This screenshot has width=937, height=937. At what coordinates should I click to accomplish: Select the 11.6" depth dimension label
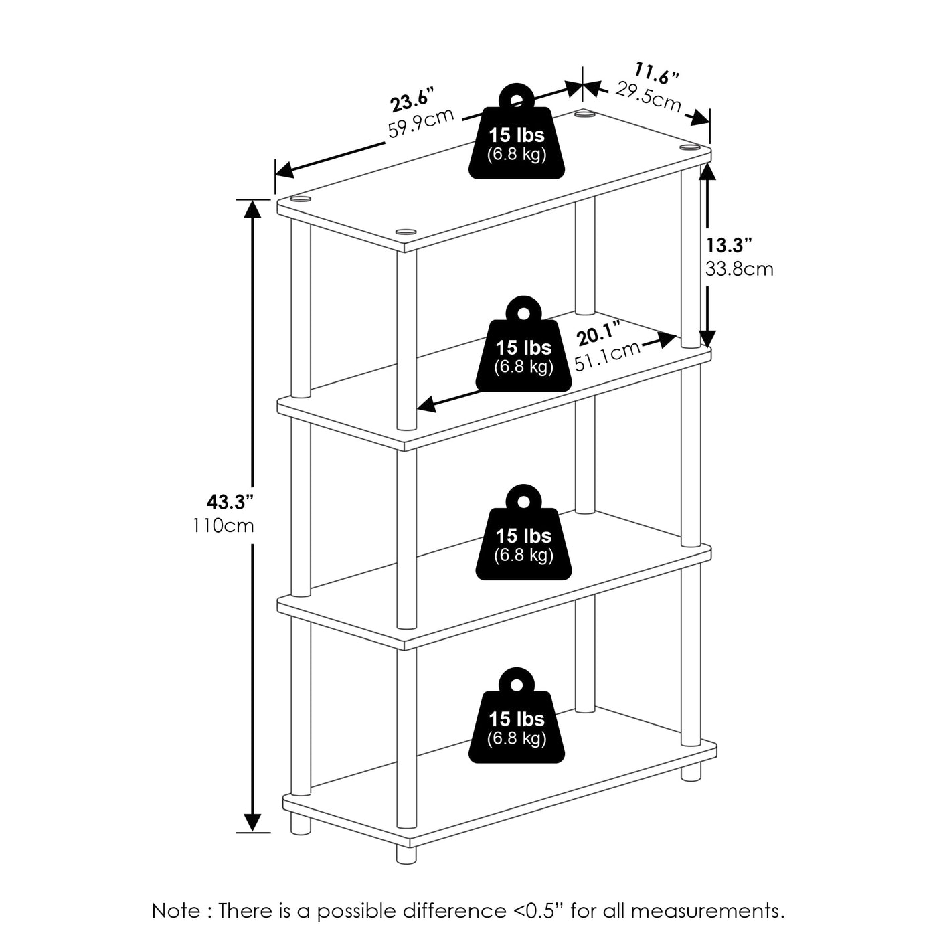pos(657,74)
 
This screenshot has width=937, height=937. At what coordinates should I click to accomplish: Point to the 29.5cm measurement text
pos(648,98)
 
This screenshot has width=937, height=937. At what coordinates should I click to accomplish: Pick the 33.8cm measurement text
pos(739,269)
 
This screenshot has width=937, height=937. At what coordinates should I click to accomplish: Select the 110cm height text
pos(224,526)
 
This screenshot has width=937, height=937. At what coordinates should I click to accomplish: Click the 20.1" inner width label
pos(600,333)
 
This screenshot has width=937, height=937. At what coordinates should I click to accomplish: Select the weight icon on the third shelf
pos(523,535)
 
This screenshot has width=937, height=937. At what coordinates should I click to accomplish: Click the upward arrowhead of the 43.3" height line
pos(252,209)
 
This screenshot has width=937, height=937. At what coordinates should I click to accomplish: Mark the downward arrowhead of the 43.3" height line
pos(252,822)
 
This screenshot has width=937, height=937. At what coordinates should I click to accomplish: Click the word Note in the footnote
pos(175,911)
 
